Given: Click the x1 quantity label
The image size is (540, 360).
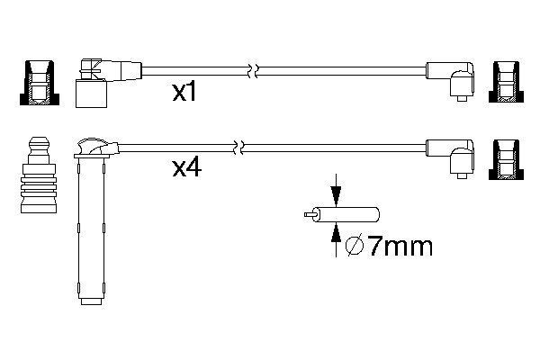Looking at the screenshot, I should point(184,93).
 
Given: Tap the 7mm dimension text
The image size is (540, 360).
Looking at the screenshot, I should point(388,244).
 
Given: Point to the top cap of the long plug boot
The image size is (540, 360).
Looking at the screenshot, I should point(92,144).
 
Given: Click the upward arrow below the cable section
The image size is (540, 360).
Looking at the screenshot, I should point(336,236).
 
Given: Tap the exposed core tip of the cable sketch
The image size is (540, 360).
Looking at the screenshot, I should point(306,215).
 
